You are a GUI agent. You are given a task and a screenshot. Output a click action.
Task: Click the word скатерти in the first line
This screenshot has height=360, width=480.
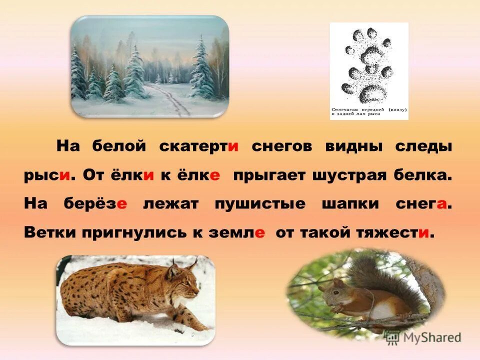click(x=198, y=147)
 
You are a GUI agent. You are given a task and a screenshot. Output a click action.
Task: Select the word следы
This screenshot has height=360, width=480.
click(x=424, y=147)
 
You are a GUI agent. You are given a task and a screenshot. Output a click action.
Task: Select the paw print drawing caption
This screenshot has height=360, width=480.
click(x=369, y=111)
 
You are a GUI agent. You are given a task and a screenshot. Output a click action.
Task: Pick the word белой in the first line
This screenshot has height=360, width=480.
click(x=119, y=147)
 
